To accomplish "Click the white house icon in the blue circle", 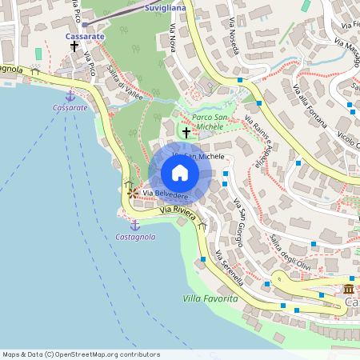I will [x=180, y=173].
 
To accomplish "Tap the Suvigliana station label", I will [x=166, y=7].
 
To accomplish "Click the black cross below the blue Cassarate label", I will [x=74, y=46].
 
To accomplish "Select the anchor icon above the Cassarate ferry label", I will [x=70, y=95].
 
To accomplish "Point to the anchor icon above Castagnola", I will [x=134, y=225].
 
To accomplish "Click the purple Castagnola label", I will [x=135, y=237].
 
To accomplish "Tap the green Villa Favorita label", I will [x=210, y=298].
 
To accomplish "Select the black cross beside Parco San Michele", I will [x=186, y=131].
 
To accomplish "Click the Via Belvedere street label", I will [x=166, y=195].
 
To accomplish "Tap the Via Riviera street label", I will [x=177, y=210].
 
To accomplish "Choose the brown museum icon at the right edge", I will [x=350, y=289].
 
